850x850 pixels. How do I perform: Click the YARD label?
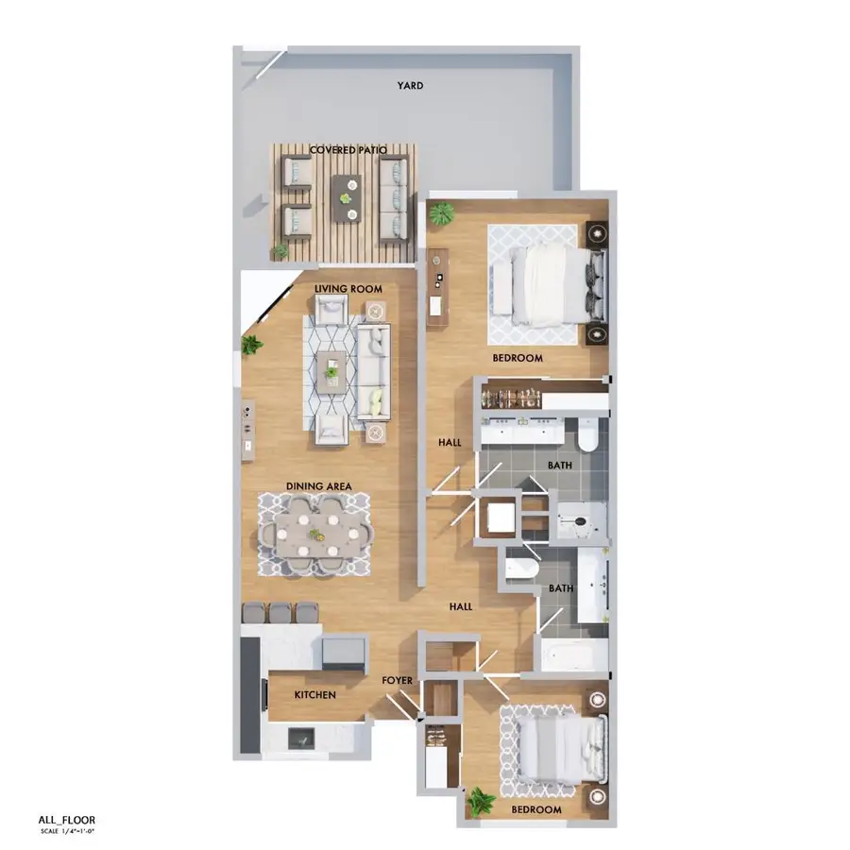coord(409,86)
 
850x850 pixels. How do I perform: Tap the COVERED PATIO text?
coord(348,150)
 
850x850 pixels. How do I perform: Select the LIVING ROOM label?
coord(347,288)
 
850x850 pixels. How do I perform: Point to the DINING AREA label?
coord(319,486)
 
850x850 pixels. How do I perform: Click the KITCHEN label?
coord(315,694)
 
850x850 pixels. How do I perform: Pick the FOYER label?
coord(396,680)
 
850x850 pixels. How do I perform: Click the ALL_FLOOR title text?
coord(66,820)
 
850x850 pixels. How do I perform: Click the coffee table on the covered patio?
coord(348,193)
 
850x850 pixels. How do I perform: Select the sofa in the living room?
coord(374,371)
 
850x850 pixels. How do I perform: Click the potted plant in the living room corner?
coord(251,345)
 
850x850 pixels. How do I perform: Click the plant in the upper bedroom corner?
coord(441,214)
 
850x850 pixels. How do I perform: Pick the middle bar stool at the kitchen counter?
coord(281,612)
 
